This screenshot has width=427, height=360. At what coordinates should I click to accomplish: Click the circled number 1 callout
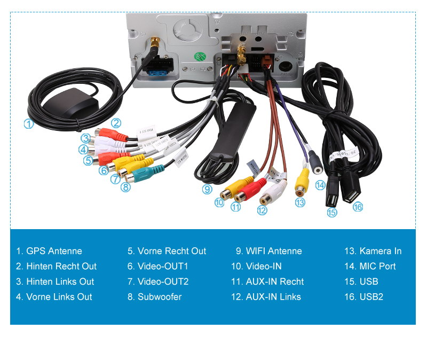pos(28,123)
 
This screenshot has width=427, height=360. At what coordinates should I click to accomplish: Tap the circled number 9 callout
pos(207,189)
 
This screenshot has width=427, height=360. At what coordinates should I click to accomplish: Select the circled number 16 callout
pos(358,207)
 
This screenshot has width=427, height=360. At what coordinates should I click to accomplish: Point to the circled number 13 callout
pos(300,202)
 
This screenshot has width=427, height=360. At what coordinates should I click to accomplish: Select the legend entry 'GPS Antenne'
pos(49,251)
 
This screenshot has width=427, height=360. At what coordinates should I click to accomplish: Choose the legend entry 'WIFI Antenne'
pos(268,251)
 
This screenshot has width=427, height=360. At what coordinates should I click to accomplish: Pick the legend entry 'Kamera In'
pos(373,251)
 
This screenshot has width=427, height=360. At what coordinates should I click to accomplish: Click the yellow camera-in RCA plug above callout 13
pos(302,181)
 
